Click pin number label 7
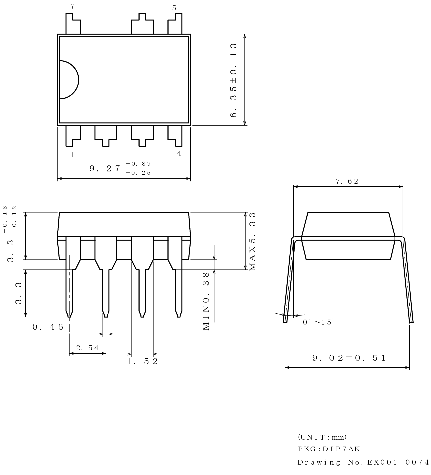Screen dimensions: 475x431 pyautogui.click(x=73, y=6)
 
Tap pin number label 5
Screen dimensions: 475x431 pyautogui.click(x=174, y=8)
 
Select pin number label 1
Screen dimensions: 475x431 pyautogui.click(x=72, y=155)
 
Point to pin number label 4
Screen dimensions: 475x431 pyautogui.click(x=179, y=153)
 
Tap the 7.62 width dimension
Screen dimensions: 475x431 pyautogui.click(x=347, y=181)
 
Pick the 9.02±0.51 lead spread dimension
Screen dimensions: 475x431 pyautogui.click(x=349, y=358)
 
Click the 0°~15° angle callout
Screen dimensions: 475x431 pyautogui.click(x=318, y=322)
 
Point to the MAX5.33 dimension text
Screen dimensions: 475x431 pyautogui.click(x=252, y=241)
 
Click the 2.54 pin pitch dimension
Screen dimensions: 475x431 pyautogui.click(x=87, y=348)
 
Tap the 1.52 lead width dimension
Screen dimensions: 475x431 pyautogui.click(x=142, y=361)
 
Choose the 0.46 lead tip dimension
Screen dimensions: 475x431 pyautogui.click(x=48, y=327)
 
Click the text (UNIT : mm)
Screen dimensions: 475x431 pyautogui.click(x=322, y=437)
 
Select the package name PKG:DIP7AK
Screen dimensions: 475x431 pyautogui.click(x=328, y=449)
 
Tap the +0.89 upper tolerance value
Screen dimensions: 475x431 pyautogui.click(x=138, y=164)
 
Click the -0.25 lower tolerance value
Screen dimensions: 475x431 pyautogui.click(x=138, y=173)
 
